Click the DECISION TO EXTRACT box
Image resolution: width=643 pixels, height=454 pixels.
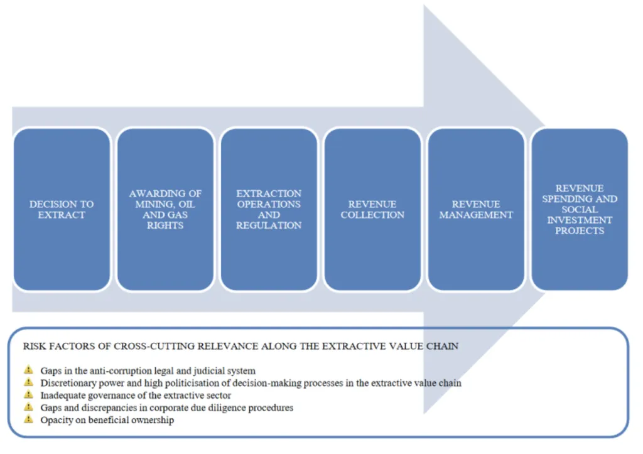click(62, 209)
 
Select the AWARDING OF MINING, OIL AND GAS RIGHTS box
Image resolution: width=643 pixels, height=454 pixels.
click(165, 209)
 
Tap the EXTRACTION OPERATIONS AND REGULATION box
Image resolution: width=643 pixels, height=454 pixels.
click(269, 209)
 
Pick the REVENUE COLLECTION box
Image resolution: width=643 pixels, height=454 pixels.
click(372, 209)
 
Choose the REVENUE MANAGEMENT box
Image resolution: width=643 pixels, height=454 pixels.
click(476, 209)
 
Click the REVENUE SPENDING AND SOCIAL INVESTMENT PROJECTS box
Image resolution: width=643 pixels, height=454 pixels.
click(579, 209)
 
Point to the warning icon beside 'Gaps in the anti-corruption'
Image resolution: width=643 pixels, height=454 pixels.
click(28, 370)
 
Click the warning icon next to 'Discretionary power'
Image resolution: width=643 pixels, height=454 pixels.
click(28, 382)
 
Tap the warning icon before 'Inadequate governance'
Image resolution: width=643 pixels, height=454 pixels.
click(28, 395)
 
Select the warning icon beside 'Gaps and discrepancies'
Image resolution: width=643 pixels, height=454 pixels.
click(28, 408)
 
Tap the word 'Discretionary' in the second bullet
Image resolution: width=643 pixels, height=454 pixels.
click(68, 383)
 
